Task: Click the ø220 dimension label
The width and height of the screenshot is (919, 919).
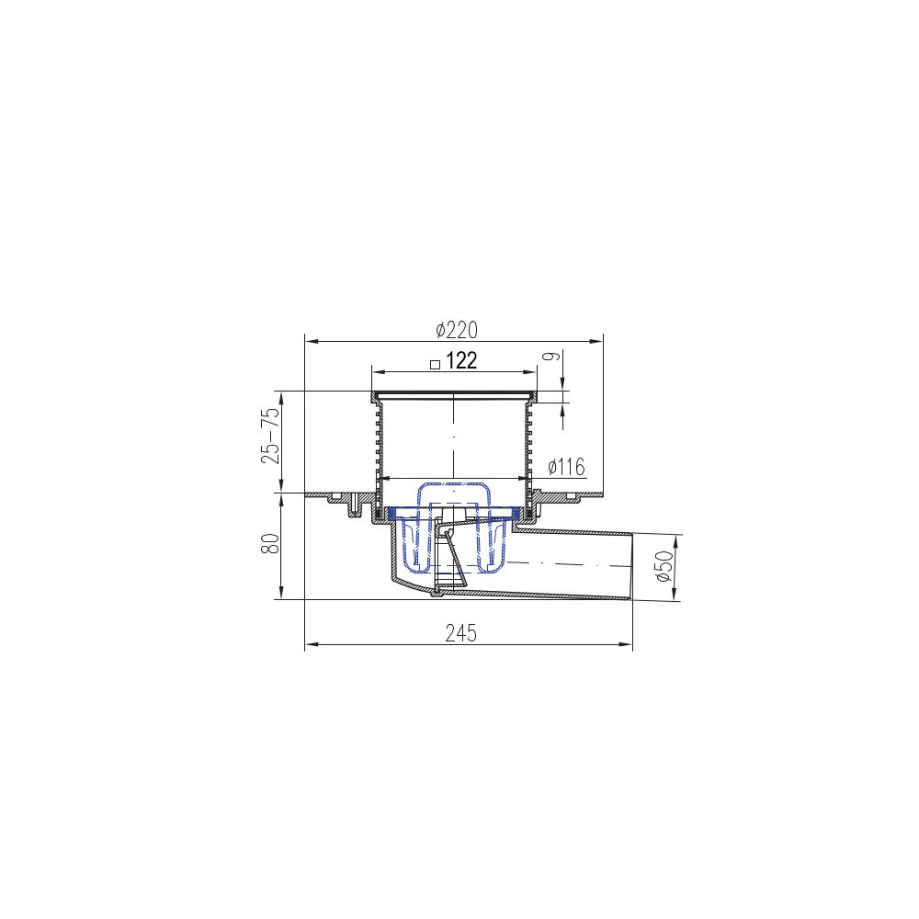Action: point(457,331)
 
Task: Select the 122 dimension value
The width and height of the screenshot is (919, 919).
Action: point(461,360)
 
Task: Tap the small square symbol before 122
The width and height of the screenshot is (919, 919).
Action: point(435,365)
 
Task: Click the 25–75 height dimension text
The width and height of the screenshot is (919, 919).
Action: point(269,435)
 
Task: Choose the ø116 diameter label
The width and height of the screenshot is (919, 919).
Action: point(566,467)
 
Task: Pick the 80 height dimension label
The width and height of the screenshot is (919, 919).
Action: point(270,543)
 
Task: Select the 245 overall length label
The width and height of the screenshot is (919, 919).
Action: point(461,633)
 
